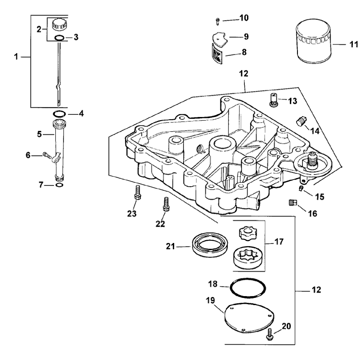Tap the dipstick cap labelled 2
(59, 24)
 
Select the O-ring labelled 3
(59, 37)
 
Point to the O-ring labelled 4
(59, 114)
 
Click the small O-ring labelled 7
(59, 185)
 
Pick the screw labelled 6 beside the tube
(47, 155)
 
